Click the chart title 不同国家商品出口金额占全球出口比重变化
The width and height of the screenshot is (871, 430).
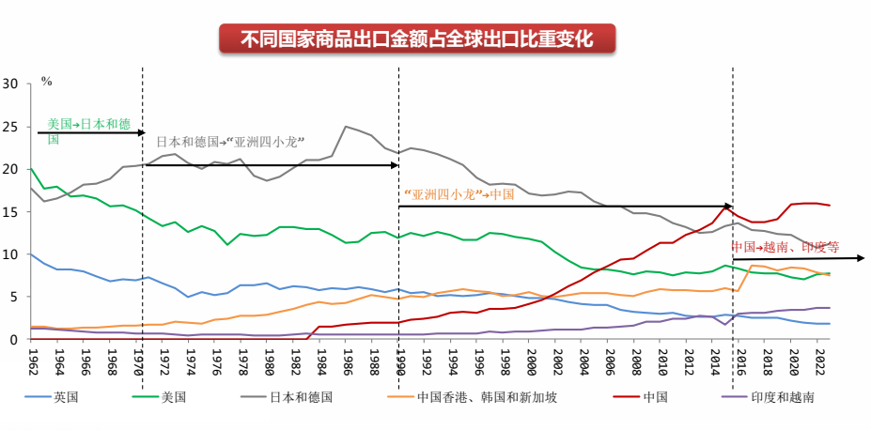click(x=417, y=39)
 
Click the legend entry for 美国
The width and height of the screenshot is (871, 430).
click(x=173, y=397)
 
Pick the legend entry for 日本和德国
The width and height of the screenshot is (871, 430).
click(x=300, y=397)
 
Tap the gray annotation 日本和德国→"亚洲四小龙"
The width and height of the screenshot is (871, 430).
click(x=230, y=143)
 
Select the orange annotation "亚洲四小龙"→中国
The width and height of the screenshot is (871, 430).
click(x=459, y=194)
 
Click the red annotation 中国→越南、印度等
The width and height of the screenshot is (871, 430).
click(x=785, y=248)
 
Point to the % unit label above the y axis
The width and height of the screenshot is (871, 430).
click(x=46, y=82)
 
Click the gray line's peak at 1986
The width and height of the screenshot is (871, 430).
click(x=347, y=127)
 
